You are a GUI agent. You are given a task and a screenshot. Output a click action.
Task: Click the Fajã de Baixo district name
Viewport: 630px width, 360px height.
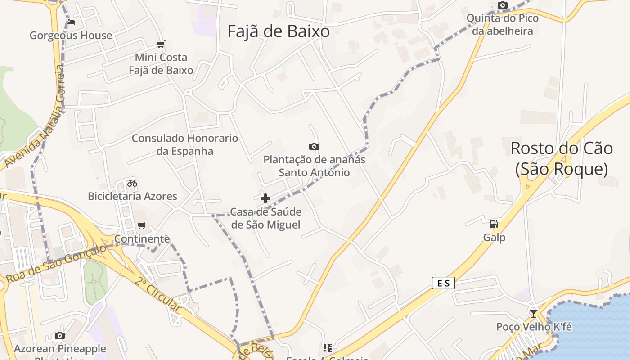click(278, 31)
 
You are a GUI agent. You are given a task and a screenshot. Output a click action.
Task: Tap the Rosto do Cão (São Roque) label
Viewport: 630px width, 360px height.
click(562, 158)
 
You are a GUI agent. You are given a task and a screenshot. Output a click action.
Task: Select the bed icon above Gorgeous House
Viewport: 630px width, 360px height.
click(71, 22)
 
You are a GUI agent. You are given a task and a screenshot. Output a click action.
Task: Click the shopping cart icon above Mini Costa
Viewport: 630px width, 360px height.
click(161, 44)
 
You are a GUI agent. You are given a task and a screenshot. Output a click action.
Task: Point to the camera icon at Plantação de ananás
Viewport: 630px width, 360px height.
click(314, 146)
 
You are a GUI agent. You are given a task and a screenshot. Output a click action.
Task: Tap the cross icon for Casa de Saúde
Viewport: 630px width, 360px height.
click(265, 198)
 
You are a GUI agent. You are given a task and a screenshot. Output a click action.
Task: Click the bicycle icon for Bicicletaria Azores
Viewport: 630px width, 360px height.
click(132, 183)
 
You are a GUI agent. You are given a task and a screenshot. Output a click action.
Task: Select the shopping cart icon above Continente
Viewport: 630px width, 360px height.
click(142, 225)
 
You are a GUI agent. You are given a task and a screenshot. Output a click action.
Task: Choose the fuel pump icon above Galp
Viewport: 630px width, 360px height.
click(494, 224)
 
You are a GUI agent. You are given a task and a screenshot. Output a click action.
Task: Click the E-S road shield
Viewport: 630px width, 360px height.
click(443, 283)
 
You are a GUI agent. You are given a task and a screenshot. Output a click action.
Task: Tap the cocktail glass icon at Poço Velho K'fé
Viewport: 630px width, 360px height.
click(534, 313)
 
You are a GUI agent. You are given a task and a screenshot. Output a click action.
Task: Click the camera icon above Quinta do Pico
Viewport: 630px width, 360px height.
click(503, 5)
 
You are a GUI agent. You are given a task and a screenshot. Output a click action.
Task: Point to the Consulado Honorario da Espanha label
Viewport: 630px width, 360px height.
click(185, 144)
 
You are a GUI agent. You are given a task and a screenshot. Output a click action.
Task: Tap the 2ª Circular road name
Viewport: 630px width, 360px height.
click(158, 294)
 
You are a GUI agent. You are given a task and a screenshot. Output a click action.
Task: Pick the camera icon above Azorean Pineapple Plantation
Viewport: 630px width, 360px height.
click(60, 335)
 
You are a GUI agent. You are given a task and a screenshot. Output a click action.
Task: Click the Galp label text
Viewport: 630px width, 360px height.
click(495, 237)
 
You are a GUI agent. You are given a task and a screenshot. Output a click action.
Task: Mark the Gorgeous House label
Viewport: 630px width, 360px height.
click(71, 36)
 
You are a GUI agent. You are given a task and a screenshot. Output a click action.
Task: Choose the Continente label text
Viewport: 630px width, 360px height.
click(142, 238)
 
